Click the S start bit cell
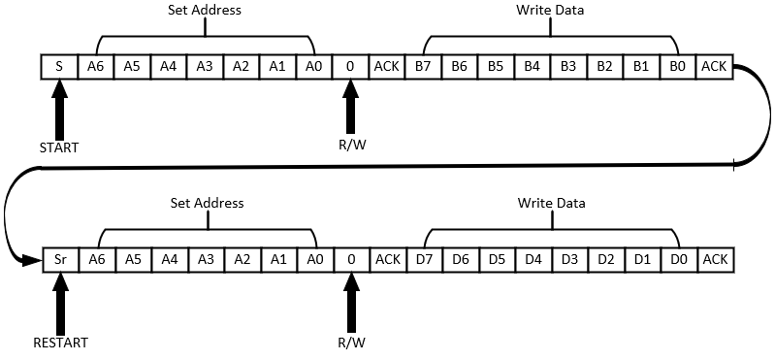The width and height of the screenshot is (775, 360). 59,66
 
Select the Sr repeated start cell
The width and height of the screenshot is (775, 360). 59,259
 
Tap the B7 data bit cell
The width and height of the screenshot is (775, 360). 423,66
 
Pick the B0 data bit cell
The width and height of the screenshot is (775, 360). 677,66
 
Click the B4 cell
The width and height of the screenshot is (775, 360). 532,66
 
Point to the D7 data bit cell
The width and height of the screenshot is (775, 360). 423,259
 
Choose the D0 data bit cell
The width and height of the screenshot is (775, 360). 677,259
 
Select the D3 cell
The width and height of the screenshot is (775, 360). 568,259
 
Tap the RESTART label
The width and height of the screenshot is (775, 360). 59,343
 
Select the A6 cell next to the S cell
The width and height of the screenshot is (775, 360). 96,66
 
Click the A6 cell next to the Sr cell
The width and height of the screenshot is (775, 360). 96,259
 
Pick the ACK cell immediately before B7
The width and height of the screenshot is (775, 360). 387,66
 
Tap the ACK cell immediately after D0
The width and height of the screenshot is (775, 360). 714,259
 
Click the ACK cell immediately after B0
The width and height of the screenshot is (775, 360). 714,66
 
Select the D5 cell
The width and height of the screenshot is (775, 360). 496,259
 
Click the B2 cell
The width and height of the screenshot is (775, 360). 604,66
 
